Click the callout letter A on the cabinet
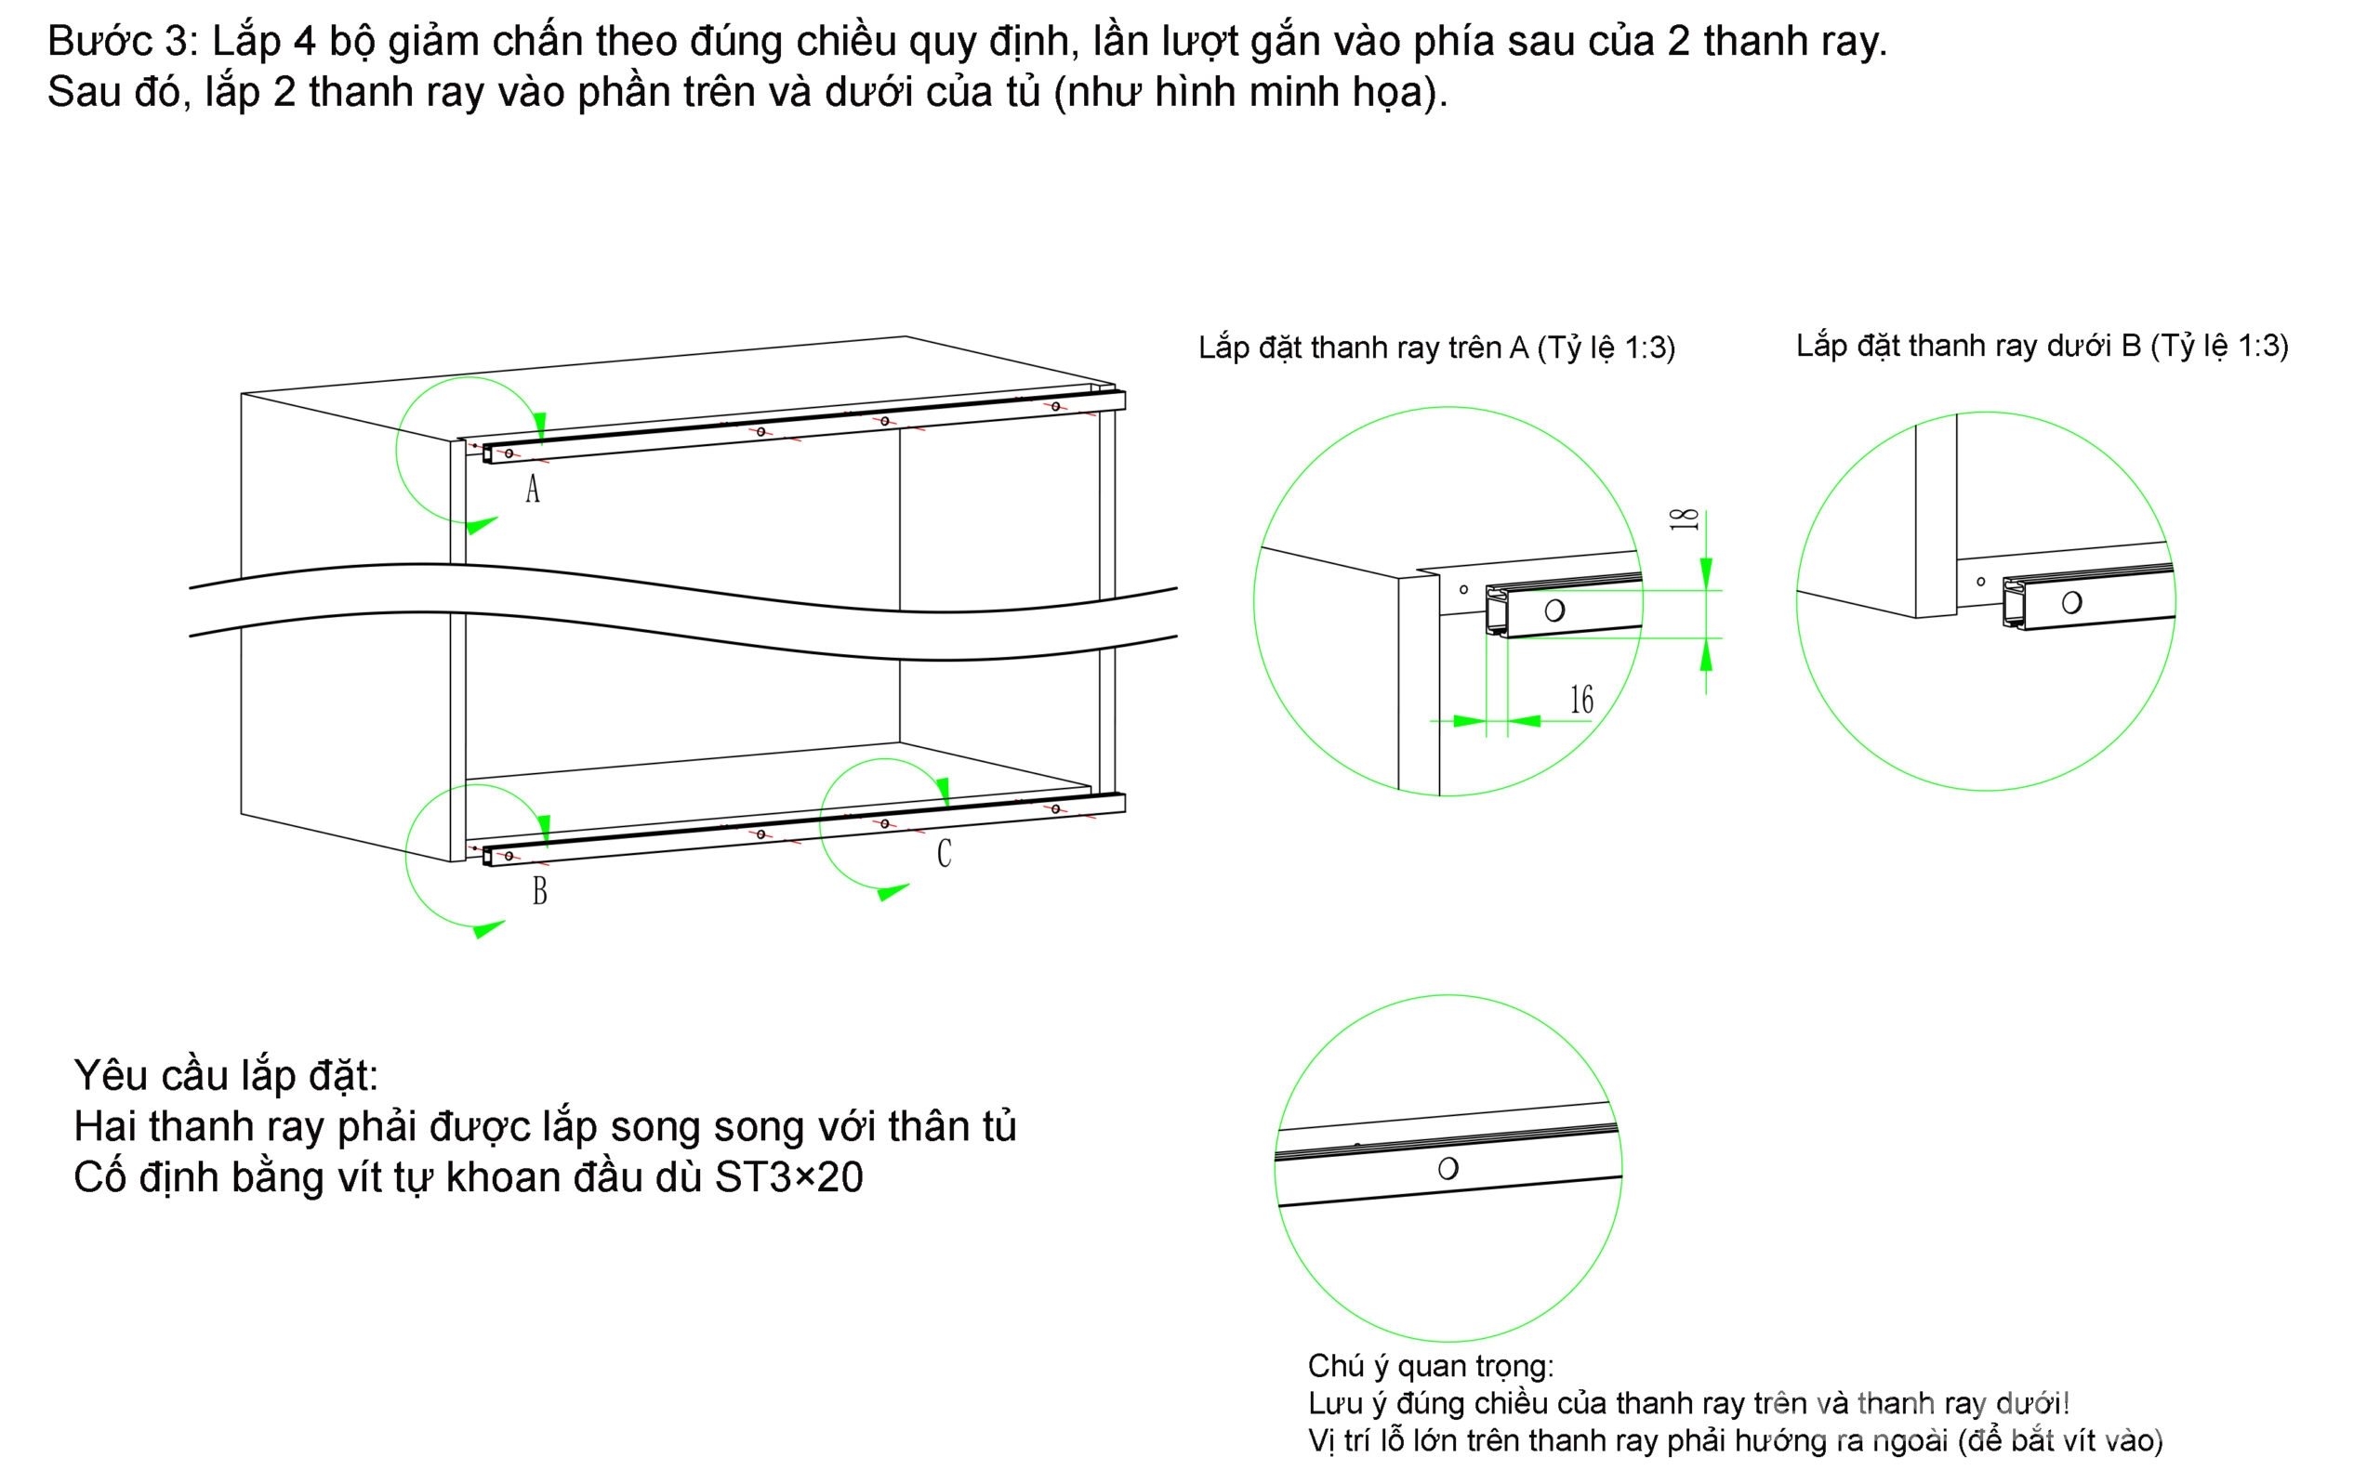point(532,488)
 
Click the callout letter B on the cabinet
point(540,890)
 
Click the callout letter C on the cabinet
point(944,854)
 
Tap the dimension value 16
point(1581,699)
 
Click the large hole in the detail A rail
point(1554,610)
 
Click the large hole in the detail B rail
point(2071,603)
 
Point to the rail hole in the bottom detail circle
point(1448,1169)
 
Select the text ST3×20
point(788,1177)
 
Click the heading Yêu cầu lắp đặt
point(226,1076)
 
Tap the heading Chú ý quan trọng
point(1431,1366)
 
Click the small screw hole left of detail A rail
point(1463,589)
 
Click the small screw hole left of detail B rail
point(1980,582)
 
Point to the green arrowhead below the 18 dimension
point(1705,658)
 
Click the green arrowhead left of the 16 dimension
point(1469,721)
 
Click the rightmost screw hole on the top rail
point(1055,406)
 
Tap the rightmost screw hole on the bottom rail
point(1055,809)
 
